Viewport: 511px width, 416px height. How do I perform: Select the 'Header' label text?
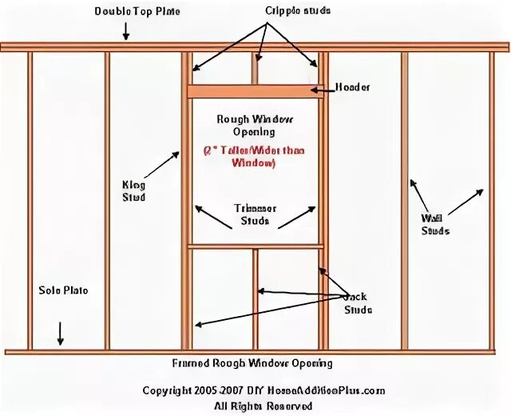352,87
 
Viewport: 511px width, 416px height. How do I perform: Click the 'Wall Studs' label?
435,224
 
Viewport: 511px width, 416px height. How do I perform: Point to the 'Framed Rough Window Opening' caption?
252,363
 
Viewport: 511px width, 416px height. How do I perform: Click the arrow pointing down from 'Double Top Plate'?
125,32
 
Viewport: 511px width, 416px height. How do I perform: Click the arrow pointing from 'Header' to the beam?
321,90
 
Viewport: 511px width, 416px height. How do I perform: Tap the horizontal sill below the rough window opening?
255,246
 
